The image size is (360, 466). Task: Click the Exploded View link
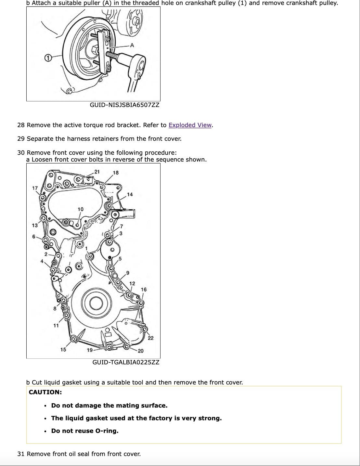[190, 125]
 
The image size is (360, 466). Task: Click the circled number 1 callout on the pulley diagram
[48, 58]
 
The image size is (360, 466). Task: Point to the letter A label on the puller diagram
[132, 45]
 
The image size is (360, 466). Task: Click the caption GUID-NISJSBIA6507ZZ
[124, 105]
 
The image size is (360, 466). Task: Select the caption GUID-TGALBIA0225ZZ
[126, 362]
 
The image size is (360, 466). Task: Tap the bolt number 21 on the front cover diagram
[97, 172]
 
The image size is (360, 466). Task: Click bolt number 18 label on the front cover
[116, 173]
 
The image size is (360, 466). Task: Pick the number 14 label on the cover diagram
[130, 194]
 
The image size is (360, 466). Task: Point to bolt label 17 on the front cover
[35, 188]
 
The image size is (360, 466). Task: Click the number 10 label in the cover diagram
[80, 209]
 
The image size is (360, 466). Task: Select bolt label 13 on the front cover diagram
[34, 225]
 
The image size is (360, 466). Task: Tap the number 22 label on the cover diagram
[150, 338]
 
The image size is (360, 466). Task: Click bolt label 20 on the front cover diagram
[140, 351]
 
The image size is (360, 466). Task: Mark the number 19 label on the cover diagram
[89, 350]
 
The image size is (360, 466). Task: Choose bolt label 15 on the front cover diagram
[63, 349]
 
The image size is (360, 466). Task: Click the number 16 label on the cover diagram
[144, 289]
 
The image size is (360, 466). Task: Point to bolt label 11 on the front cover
[56, 325]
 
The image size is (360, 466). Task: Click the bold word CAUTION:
[45, 392]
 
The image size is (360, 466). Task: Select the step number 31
[21, 454]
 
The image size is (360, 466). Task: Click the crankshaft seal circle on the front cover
[96, 303]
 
